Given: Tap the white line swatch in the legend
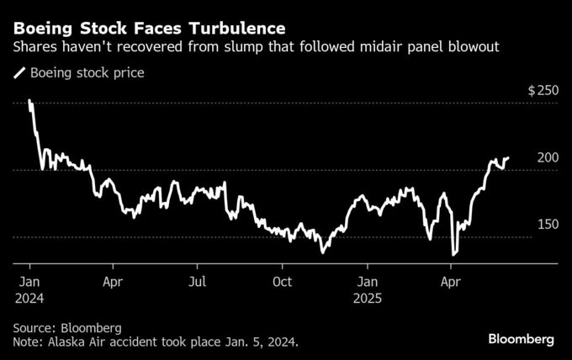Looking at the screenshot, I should coord(19,73).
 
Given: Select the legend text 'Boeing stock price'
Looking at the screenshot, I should coord(87,73).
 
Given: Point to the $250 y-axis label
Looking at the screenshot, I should coord(543,90).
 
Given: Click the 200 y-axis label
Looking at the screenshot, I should coord(548,157).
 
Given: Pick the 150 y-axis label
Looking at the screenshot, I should coord(548,225).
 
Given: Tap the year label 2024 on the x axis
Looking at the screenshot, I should coord(28,298).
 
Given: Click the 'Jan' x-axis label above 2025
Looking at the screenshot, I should coord(367,282).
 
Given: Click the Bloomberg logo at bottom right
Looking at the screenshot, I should coord(521,339).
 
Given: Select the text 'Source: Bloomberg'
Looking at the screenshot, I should coord(67,327).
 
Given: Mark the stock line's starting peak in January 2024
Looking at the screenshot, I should coord(29,101).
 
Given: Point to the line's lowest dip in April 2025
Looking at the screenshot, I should coord(453,254).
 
